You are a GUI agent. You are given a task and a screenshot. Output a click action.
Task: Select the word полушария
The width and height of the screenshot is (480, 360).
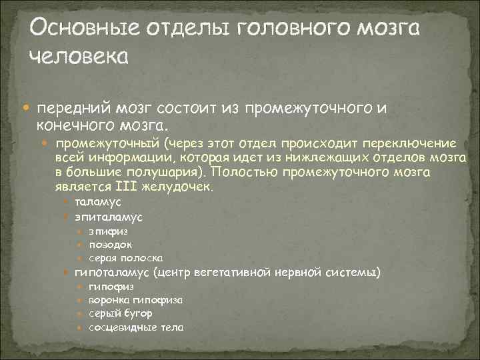pyautogui.click(x=159, y=172)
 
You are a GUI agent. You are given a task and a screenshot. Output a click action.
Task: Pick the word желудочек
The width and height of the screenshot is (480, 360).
pyautogui.click(x=181, y=187)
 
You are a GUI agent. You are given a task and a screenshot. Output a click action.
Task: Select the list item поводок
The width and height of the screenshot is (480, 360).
pyautogui.click(x=109, y=245)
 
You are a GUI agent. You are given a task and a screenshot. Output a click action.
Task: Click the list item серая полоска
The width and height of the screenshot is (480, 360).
pyautogui.click(x=126, y=258)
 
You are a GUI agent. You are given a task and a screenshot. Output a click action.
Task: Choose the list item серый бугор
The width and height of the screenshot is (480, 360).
pyautogui.click(x=121, y=313)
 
